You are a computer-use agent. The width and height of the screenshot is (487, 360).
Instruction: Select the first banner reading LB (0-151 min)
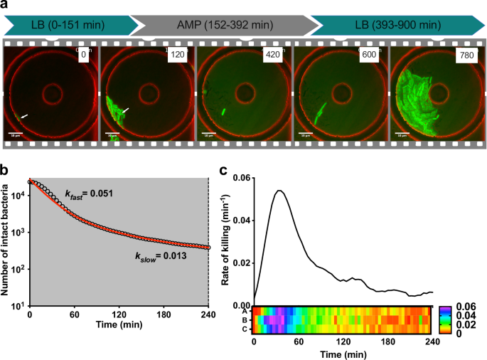pos(68,26)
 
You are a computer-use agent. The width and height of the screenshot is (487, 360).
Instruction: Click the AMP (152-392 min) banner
pos(223,26)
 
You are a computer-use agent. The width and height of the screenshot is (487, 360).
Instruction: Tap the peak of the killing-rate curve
pos(279,191)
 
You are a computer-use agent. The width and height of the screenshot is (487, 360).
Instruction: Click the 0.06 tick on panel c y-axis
pos(242,178)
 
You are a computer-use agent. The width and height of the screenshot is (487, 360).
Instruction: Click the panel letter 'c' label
pos(224,171)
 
